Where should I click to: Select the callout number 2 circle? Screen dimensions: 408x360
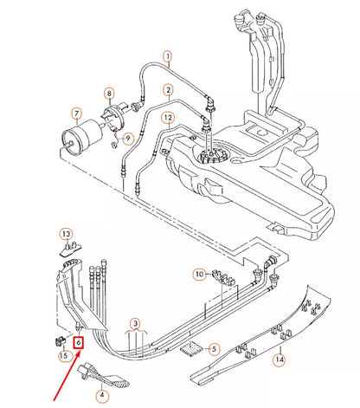tap(165, 88)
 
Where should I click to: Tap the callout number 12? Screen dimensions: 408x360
tap(167, 117)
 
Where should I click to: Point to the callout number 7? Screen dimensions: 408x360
tap(76, 113)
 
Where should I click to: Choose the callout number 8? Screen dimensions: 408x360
tap(109, 93)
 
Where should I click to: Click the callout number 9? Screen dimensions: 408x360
tap(127, 138)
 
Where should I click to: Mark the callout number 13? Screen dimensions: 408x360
tap(65, 234)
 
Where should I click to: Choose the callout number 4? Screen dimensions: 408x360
tap(103, 395)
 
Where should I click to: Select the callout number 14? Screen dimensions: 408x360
tap(279, 358)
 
